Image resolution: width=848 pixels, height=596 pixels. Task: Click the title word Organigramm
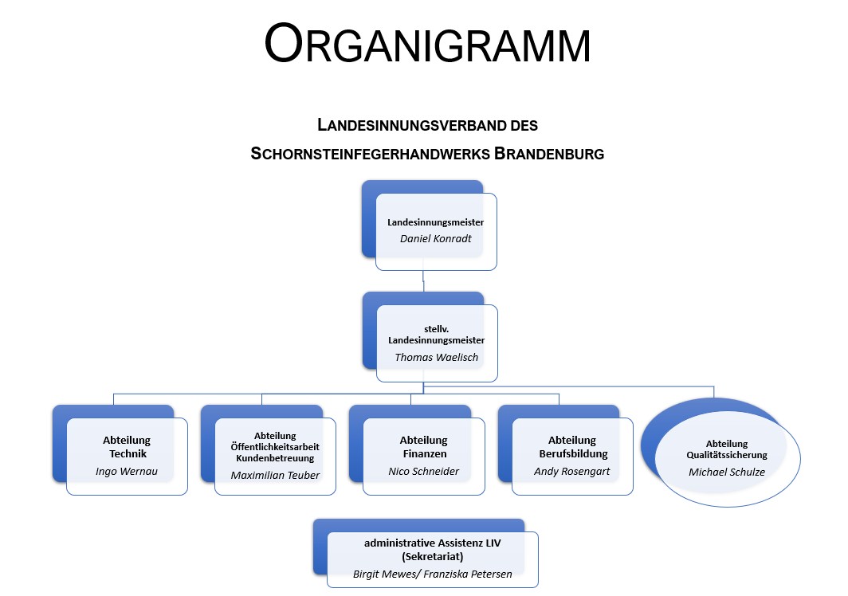427,45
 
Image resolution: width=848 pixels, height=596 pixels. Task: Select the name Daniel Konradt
436,238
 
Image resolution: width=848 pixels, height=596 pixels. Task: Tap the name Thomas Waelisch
437,357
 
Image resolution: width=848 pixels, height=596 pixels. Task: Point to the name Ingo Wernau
127,472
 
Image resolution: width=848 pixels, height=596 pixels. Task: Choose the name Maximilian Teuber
275,475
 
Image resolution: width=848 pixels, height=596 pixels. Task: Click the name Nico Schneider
423,471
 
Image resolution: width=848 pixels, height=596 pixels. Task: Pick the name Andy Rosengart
571,471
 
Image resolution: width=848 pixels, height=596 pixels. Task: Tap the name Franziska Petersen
479,573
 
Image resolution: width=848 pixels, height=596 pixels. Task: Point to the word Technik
127,453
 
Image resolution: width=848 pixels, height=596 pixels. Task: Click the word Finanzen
423,453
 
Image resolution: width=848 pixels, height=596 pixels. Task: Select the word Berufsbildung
571,453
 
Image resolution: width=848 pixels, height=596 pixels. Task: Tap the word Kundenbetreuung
275,458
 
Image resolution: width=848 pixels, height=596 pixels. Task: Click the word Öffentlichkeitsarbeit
275,447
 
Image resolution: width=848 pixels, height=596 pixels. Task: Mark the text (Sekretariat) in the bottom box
433,555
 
